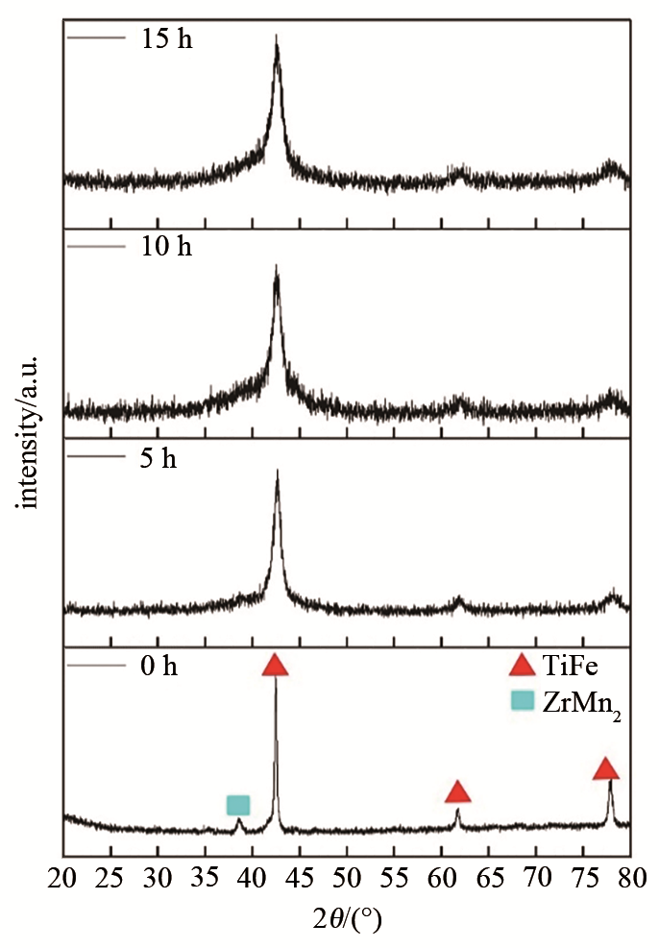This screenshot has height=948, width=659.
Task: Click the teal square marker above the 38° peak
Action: click(x=238, y=804)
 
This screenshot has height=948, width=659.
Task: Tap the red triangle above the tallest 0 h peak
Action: click(x=276, y=666)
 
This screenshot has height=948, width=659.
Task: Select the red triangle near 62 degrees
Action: click(x=458, y=792)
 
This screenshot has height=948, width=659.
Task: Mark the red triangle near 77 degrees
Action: click(x=605, y=768)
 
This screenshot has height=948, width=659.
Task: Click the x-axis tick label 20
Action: click(x=63, y=878)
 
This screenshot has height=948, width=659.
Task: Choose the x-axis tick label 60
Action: click(x=441, y=878)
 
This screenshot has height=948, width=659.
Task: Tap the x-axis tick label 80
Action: click(x=630, y=878)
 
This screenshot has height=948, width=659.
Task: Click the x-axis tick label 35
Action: click(x=206, y=878)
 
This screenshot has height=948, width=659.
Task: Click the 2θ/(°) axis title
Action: click(x=347, y=918)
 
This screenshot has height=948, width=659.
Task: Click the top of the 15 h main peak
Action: click(x=277, y=37)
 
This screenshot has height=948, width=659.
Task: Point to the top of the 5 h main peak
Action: click(x=278, y=471)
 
